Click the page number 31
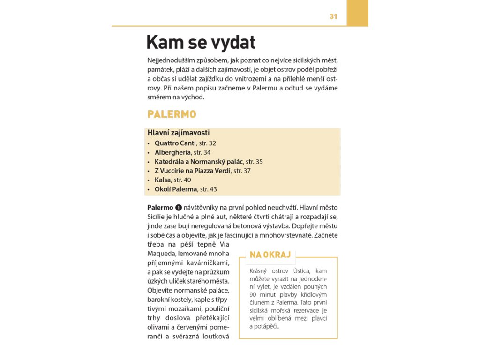tap(333, 16)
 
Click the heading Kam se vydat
tap(201, 43)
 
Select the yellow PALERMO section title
tap(172, 114)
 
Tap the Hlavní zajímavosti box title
tap(178, 133)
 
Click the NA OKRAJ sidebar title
tap(270, 255)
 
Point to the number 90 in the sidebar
tap(254, 295)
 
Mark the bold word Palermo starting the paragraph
tap(160, 207)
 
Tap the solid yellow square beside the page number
tap(357, 13)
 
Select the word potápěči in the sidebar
tap(266, 327)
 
